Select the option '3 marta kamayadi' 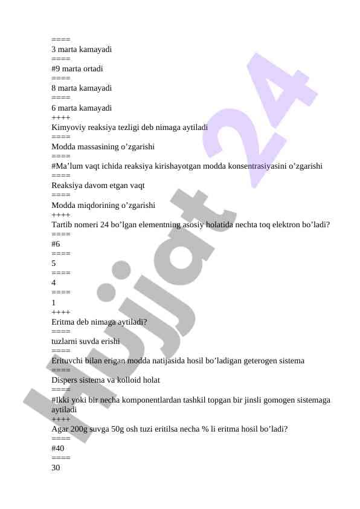coord(82,50)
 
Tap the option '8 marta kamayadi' coord(82,88)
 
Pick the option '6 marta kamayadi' coord(82,108)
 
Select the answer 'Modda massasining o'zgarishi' coord(103,147)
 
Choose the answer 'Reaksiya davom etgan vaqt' coord(98,186)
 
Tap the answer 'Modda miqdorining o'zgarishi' coord(103,206)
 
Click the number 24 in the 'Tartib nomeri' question coord(111,225)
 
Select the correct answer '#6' coord(56,244)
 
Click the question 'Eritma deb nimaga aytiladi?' coord(99,322)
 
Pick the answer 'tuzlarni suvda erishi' coord(85,342)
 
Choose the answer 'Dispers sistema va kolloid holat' coord(106,380)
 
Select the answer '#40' coord(58,449)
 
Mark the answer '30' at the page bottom coord(56,468)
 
